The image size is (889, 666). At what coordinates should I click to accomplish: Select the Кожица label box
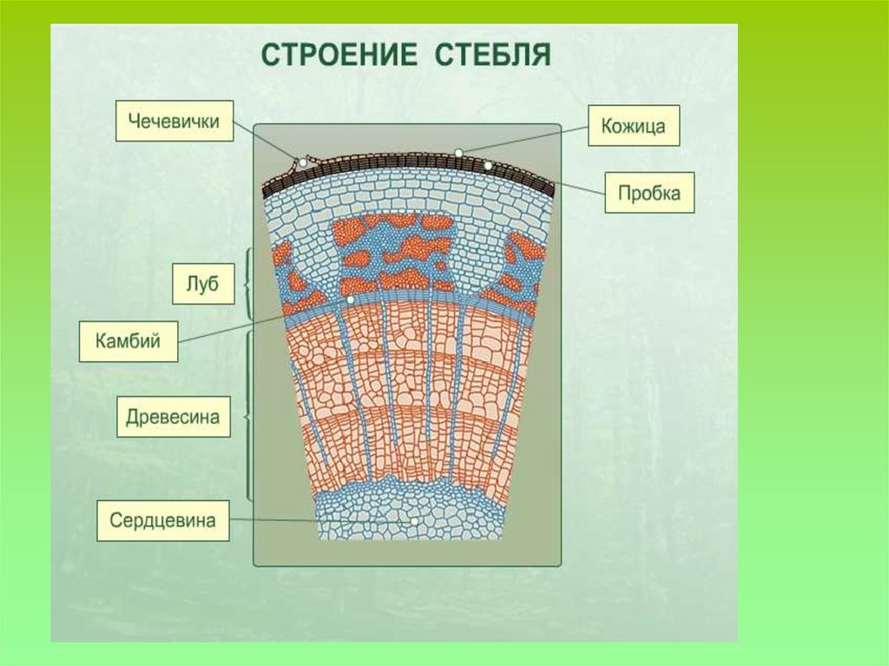pos(633,127)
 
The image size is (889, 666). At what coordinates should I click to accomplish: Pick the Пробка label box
pos(649,192)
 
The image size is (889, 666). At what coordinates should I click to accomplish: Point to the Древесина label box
pos(173,418)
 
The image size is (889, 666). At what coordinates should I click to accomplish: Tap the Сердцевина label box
pos(162,521)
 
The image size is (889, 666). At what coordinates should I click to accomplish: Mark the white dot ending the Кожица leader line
pos(458,153)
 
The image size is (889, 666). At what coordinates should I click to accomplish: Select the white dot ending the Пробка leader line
pos(489,165)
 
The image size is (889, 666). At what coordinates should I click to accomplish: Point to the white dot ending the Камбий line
pos(349,300)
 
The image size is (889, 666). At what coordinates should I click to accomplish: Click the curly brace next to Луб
pos(248,283)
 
